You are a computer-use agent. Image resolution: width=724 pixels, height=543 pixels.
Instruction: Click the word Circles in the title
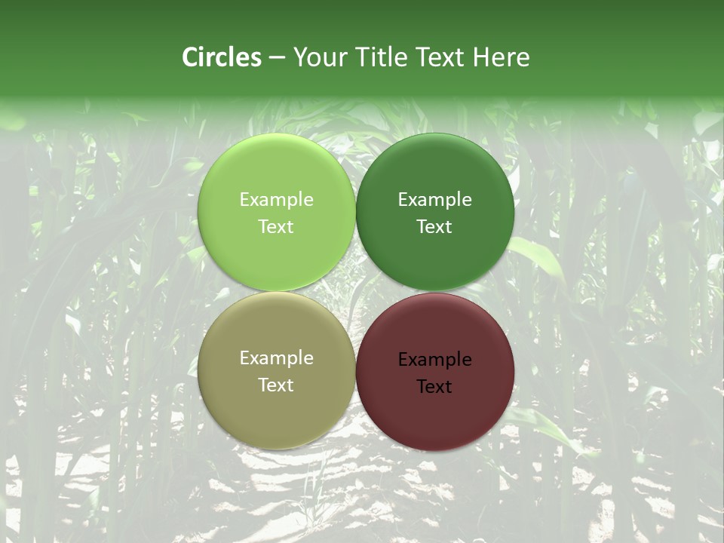(222, 57)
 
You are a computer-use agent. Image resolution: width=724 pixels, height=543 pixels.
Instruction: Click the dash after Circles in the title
(277, 58)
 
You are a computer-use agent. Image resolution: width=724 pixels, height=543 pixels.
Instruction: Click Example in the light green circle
(276, 200)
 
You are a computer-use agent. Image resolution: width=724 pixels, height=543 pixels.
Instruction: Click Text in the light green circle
(276, 227)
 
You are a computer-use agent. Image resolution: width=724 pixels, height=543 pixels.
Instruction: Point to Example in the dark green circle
(435, 200)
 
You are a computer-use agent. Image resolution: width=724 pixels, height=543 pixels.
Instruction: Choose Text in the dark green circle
(435, 227)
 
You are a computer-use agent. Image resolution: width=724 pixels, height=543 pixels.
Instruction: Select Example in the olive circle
(276, 358)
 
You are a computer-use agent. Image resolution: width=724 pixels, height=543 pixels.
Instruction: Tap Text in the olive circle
(276, 385)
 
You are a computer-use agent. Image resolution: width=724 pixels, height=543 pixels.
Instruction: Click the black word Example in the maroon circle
(435, 360)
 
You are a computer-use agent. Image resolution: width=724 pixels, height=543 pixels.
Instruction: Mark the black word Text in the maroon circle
(435, 387)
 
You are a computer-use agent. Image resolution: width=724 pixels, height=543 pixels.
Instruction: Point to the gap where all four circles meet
(356, 292)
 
